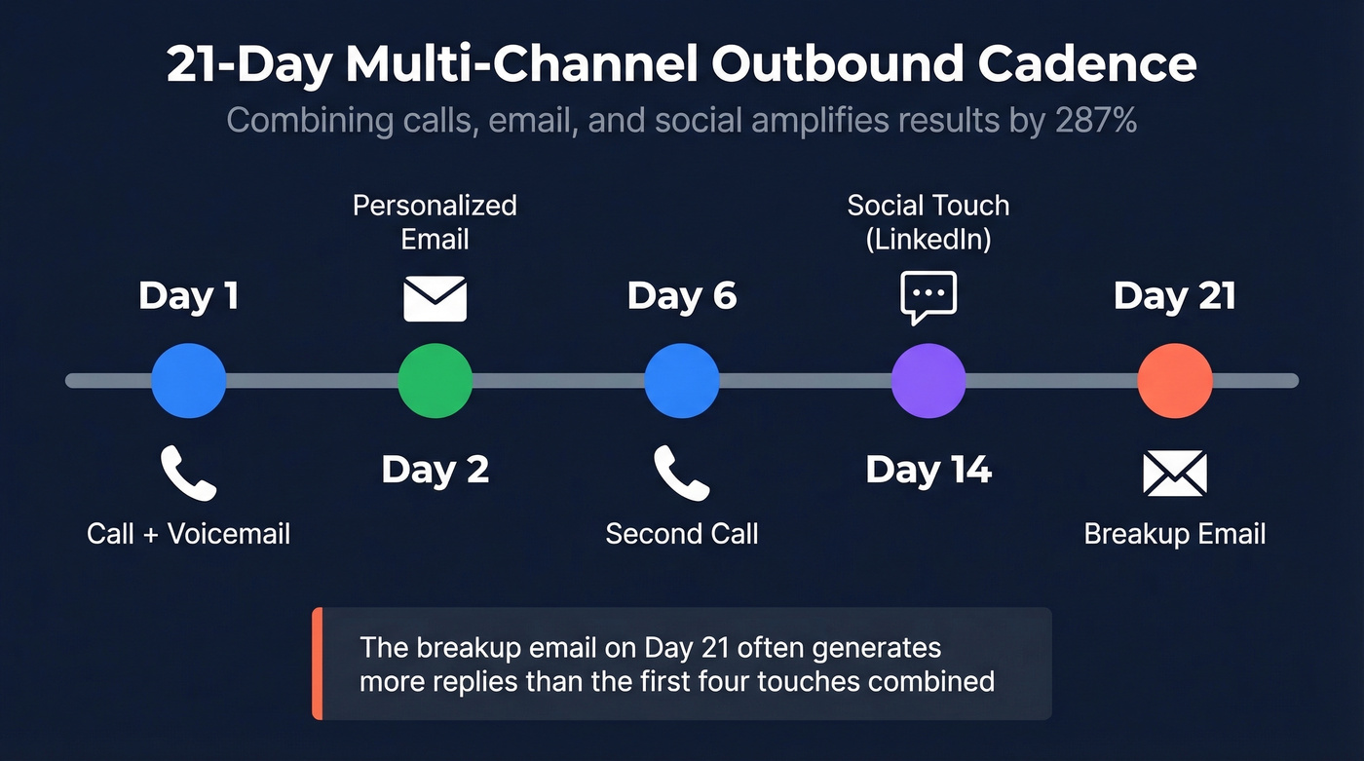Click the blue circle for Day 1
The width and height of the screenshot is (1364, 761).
[x=188, y=380]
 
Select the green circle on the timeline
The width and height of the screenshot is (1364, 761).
[x=435, y=380]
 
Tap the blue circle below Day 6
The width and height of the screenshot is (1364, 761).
[x=682, y=380]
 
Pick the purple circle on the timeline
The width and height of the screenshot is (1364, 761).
[x=928, y=380]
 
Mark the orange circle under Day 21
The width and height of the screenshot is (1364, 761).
[x=1175, y=380]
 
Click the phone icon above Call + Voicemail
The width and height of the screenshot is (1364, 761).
[x=188, y=473]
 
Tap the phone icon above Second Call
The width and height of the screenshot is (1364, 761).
[x=682, y=473]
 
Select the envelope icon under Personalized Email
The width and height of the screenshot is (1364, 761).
[x=435, y=298]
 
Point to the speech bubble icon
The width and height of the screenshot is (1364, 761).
[x=928, y=296]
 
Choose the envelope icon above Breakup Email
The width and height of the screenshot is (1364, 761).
[x=1175, y=473]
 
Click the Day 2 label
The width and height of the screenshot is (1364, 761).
[x=435, y=470]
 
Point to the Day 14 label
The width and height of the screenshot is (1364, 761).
[x=928, y=470]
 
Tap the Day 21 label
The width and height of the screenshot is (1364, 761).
[x=1175, y=296]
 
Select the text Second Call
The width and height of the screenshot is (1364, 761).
[x=682, y=534]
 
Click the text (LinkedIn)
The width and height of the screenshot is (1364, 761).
[x=928, y=240]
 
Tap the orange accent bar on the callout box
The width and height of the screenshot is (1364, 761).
[x=317, y=664]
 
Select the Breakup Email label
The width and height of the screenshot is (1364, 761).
[x=1175, y=534]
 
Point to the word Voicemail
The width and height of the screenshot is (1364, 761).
[x=229, y=534]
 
